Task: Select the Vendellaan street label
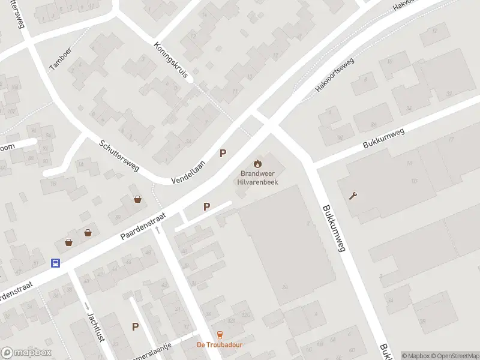coord(188,172)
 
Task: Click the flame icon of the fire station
coord(258,163)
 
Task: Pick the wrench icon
coord(353,196)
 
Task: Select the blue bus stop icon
coord(55,263)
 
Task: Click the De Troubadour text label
coord(220,345)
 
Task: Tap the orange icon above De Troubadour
coord(220,335)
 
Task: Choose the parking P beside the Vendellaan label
coord(223,154)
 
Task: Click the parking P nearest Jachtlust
coord(136,327)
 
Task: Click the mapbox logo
coord(26,353)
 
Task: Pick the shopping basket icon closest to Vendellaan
coord(139,200)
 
